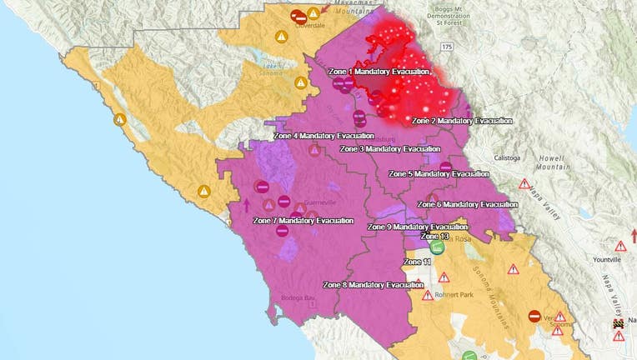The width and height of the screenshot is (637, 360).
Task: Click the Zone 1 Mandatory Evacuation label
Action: click(x=377, y=72)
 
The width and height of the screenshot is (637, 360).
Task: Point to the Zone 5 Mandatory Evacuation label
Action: click(x=438, y=174)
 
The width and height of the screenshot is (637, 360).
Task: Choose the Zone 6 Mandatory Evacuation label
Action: click(x=466, y=204)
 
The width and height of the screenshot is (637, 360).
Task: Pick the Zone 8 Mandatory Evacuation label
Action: click(x=373, y=285)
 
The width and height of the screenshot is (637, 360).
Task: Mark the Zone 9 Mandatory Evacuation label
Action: click(x=417, y=227)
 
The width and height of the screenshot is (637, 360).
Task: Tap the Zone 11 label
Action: click(x=417, y=262)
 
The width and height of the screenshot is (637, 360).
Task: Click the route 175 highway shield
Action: click(x=447, y=47)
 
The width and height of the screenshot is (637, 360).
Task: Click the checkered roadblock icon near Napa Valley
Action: click(x=618, y=323)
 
